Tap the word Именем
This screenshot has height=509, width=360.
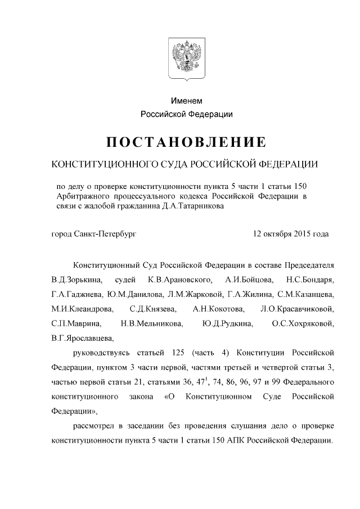pyautogui.click(x=186, y=101)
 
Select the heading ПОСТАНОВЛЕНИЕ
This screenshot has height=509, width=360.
pyautogui.click(x=186, y=141)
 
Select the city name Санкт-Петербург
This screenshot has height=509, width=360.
pyautogui.click(x=106, y=233)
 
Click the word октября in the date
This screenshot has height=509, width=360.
pyautogui.click(x=277, y=233)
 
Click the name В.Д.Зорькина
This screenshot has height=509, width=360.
pyautogui.click(x=73, y=280)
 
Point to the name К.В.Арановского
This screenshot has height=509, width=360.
pyautogui.click(x=181, y=280)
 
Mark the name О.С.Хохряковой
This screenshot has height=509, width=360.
pyautogui.click(x=303, y=324)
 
